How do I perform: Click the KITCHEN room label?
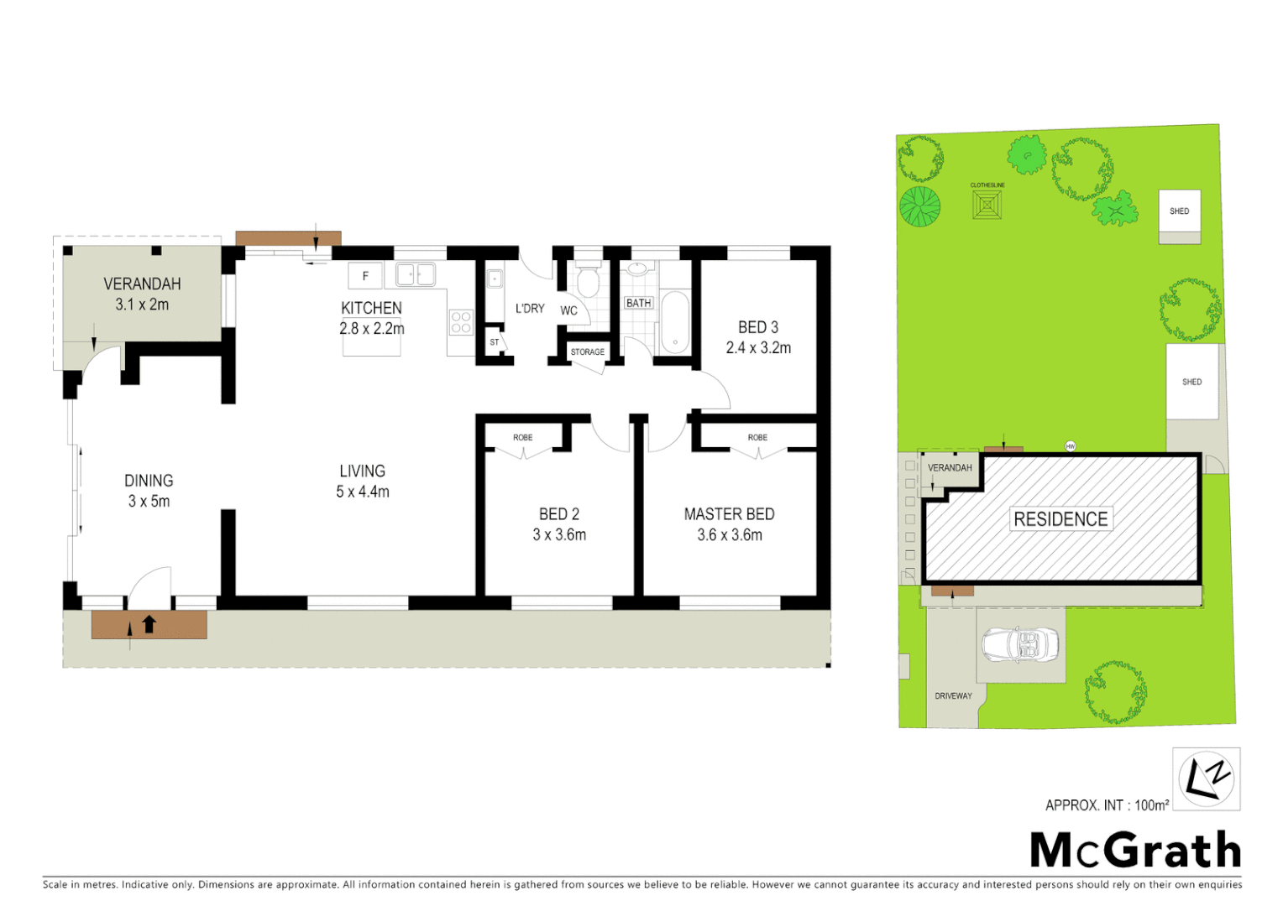coord(371,308)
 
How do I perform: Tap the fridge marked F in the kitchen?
coord(365,275)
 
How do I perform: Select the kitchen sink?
coord(415,274)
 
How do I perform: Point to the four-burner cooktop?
coord(461,322)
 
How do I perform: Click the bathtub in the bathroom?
coord(674,322)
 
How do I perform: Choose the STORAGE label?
coord(587,352)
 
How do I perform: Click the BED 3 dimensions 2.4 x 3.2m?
coord(758,347)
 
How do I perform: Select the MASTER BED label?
coord(729,514)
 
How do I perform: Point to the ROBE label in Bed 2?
coord(522,438)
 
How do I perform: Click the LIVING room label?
coord(362,471)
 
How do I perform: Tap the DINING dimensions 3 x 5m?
coord(149,501)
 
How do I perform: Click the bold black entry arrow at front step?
coord(149,624)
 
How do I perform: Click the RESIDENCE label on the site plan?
coord(1060,519)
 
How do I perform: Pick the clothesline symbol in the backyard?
coord(987,204)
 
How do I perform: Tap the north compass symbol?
coord(1206,778)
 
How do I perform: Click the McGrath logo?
coord(1135,851)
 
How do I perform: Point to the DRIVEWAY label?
coord(953,696)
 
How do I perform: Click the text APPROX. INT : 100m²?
coord(1107,805)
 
